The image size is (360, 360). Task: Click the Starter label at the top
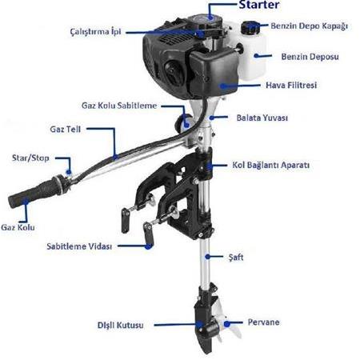click(x=259, y=5)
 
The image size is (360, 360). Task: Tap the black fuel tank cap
click(x=250, y=28)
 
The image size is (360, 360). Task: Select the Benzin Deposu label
click(x=310, y=57)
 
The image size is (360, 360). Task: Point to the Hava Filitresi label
click(x=291, y=85)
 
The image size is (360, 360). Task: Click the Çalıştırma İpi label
click(x=95, y=31)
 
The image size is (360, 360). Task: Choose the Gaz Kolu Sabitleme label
click(x=119, y=106)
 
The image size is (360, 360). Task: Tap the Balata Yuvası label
click(x=262, y=118)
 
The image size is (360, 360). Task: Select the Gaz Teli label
click(x=66, y=130)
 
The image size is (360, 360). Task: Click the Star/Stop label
click(x=30, y=158)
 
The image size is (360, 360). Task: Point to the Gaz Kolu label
click(x=18, y=227)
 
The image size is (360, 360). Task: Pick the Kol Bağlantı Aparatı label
click(x=270, y=165)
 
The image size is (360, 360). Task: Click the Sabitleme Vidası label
click(x=79, y=246)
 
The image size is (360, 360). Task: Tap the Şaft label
click(x=236, y=258)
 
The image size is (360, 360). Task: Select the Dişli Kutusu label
click(x=120, y=325)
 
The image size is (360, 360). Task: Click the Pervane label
click(x=263, y=322)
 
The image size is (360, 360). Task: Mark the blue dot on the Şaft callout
click(x=207, y=257)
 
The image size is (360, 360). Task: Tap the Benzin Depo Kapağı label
click(x=310, y=26)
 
